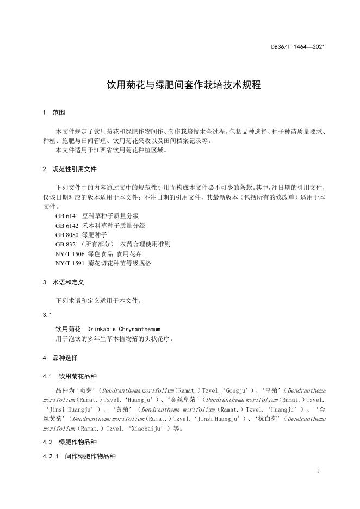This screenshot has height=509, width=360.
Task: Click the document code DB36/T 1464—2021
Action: [298, 47]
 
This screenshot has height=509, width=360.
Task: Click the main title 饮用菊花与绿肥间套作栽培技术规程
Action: [184, 85]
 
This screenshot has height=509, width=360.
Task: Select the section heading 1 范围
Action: [53, 113]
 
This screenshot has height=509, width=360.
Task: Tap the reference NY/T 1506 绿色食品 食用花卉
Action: [99, 253]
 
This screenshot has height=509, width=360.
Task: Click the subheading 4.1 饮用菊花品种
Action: [69, 376]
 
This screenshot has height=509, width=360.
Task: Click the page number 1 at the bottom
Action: [317, 471]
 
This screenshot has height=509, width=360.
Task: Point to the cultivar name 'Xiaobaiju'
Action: [147, 428]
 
